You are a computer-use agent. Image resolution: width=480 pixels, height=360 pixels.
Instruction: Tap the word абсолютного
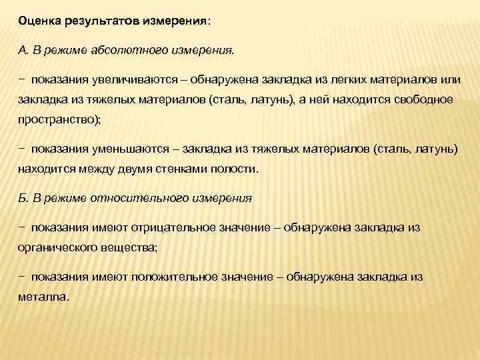click(x=125, y=49)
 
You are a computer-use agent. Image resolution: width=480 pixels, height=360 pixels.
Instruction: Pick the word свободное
click(x=417, y=99)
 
